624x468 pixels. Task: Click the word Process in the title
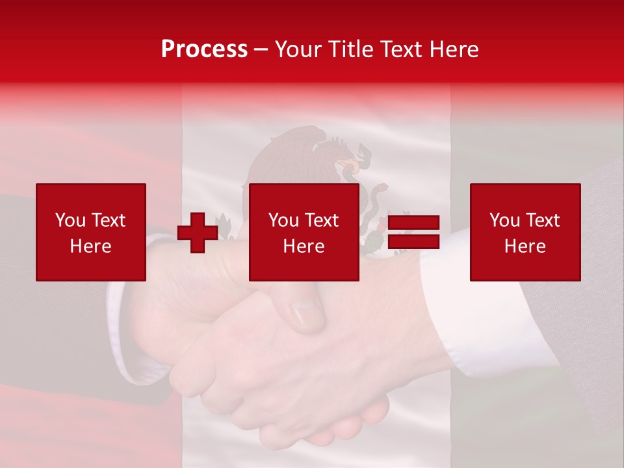pos(204,49)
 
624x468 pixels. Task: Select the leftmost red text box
pos(91,232)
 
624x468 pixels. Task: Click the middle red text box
pos(304,232)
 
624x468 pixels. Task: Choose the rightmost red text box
pos(525,232)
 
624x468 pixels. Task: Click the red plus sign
pos(198,233)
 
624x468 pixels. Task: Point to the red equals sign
pos(413,232)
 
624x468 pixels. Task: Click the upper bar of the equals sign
pos(413,223)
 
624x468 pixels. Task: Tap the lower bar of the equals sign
pos(413,242)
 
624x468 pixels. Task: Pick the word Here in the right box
pos(525,246)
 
